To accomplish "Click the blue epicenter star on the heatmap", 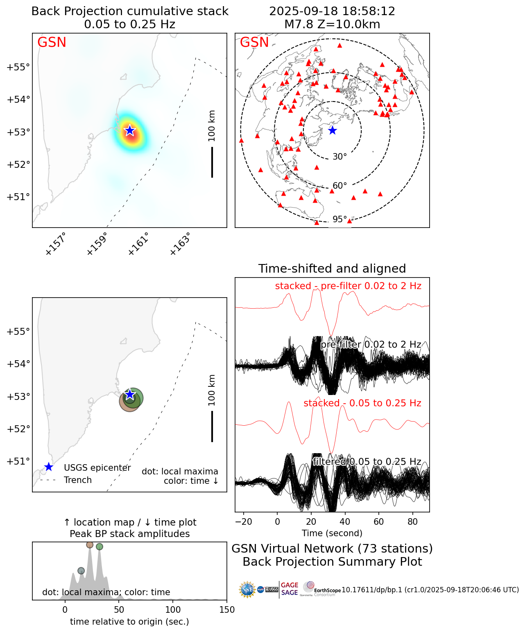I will pos(130,131).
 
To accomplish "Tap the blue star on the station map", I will pos(333,131).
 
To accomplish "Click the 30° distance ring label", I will pos(339,157).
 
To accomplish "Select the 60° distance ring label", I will pos(339,186).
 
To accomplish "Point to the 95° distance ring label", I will pos(339,219).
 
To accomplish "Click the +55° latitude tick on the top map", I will pos(18,67).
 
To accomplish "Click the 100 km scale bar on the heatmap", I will pos(212,162).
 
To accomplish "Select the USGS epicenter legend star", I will pos(49,467).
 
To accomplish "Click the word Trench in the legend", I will pos(78,480).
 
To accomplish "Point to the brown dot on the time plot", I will pos(90,544).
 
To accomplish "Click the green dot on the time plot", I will pos(100,546).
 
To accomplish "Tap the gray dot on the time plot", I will pos(81,571).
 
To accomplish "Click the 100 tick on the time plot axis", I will pos(173,610).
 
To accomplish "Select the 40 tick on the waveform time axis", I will pos(345,521).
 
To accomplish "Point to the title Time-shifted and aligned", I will pos(332,269).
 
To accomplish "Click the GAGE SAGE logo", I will pos(290,589).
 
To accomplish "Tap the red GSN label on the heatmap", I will pos(52,43).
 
